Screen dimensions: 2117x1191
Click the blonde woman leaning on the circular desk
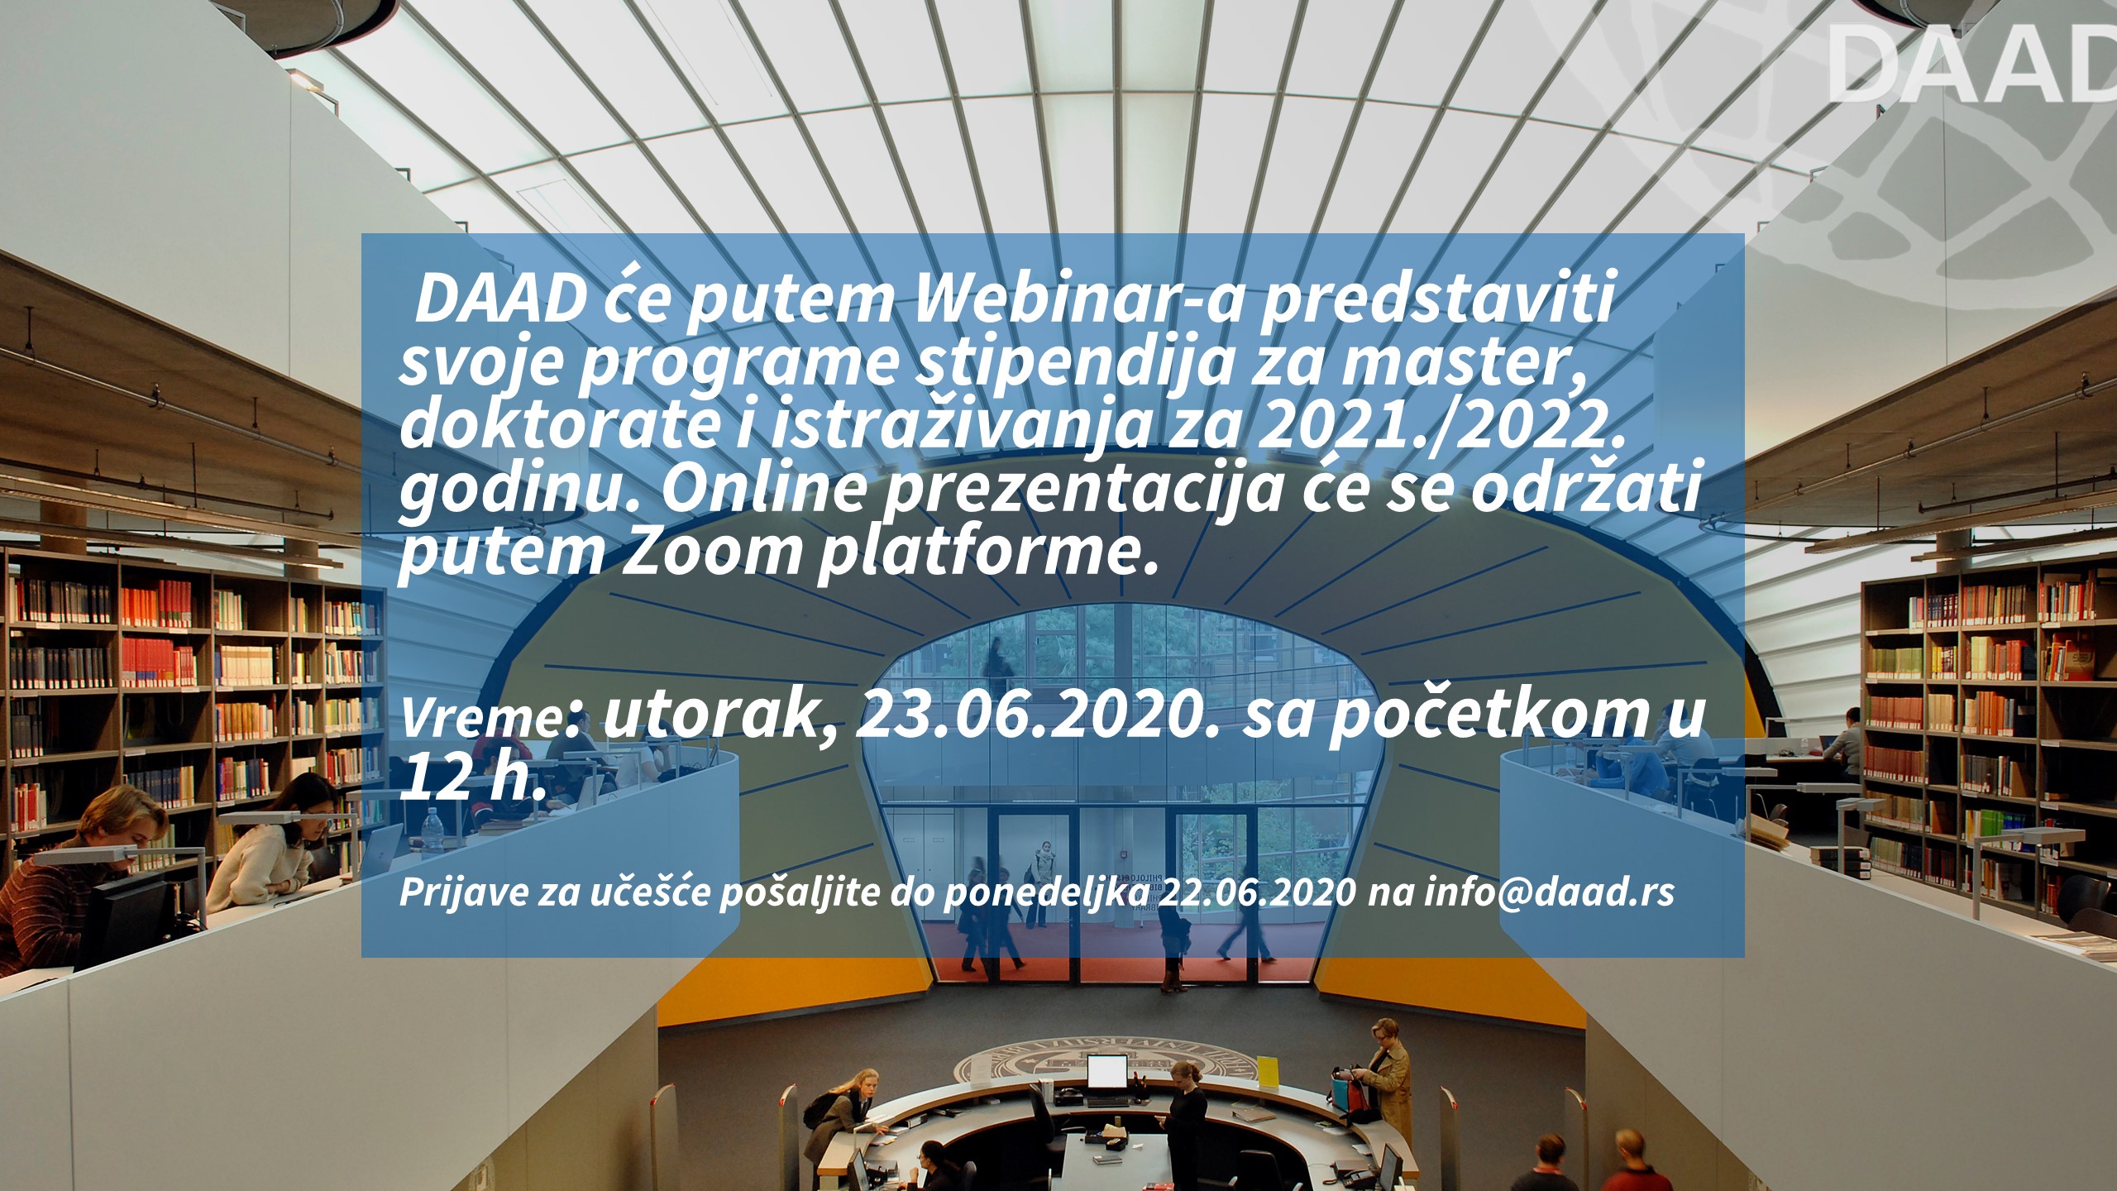(x=844, y=1113)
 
